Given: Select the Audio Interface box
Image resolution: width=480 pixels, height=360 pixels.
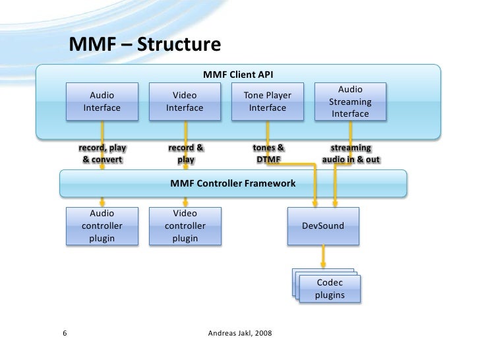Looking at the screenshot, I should (102, 101).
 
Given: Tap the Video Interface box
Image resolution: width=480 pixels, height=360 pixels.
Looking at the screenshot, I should (184, 101).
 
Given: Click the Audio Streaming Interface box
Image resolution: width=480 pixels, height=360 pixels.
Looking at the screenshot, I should (350, 102).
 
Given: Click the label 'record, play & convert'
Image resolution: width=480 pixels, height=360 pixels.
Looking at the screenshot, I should (102, 154).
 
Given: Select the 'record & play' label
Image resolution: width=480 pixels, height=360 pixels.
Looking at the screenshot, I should (185, 154).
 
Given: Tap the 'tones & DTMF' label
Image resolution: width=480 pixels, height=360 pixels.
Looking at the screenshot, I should (268, 154).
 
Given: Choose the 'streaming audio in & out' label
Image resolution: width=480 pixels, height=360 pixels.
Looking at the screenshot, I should (351, 154).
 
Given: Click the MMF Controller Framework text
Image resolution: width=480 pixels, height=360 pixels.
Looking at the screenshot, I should (233, 183).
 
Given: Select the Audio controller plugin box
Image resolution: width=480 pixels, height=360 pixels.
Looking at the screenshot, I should (102, 225).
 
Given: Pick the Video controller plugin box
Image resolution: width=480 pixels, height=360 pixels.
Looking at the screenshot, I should (185, 225).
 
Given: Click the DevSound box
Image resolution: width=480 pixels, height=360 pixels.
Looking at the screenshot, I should (323, 225).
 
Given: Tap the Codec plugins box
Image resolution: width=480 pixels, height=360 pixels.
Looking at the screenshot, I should (330, 289).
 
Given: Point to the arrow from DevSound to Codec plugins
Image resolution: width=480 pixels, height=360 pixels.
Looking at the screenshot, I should (323, 255).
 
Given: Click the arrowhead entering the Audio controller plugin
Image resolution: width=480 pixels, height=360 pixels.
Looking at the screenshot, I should (102, 203).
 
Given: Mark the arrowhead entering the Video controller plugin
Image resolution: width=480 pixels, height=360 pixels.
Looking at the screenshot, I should (185, 203).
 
